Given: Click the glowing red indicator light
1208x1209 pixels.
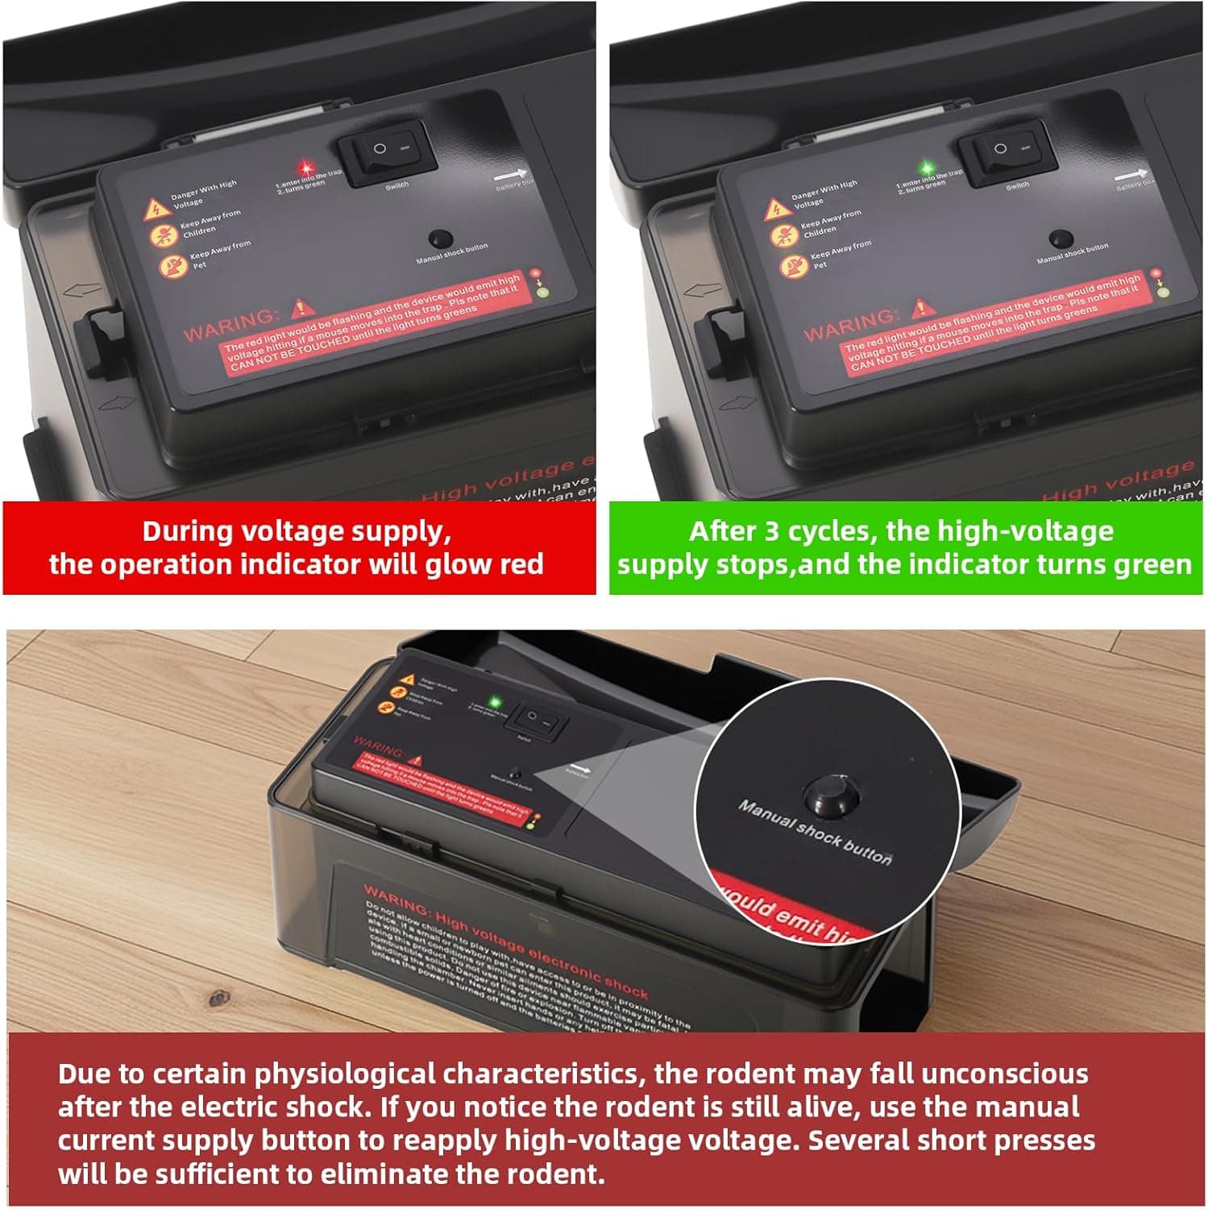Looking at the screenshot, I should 305,168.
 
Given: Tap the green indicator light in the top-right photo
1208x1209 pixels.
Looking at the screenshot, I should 927,168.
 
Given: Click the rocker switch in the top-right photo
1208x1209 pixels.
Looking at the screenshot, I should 1007,151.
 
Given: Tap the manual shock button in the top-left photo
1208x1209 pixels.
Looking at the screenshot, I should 440,239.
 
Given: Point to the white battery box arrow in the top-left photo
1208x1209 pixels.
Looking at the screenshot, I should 509,174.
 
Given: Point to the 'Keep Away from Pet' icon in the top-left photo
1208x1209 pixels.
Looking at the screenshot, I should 173,265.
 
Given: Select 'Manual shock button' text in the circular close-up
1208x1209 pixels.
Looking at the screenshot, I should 814,833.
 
